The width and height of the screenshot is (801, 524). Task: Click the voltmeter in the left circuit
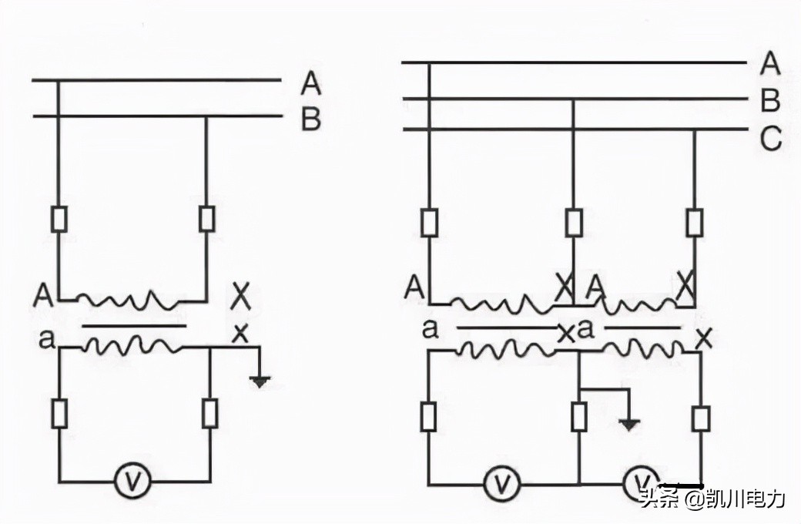coord(135,482)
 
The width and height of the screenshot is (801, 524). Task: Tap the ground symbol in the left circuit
coord(262,378)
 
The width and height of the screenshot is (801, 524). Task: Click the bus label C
coord(770,139)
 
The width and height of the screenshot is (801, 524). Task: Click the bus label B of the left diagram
coord(310,119)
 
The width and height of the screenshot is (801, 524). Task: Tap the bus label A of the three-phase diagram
coord(770,64)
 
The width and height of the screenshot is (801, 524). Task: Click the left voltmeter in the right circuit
coord(503,484)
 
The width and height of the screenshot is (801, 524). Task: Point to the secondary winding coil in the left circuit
coord(131,346)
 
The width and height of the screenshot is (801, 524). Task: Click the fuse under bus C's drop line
coord(695,223)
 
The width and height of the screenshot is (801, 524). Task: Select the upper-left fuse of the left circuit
coord(59,220)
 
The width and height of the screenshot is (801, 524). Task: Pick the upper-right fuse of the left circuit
coord(206,219)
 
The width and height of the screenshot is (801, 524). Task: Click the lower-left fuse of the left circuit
coord(59,415)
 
